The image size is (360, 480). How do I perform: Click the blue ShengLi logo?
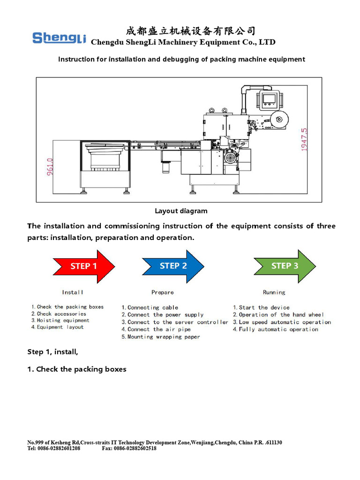(59, 37)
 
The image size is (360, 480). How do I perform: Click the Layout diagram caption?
(181, 211)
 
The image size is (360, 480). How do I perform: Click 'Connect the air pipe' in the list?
(156, 330)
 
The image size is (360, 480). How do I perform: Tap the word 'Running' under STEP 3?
(274, 292)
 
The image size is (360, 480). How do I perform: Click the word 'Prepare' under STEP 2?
(163, 292)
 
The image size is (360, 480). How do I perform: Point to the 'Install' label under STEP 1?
(73, 292)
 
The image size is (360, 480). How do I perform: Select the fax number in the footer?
(129, 449)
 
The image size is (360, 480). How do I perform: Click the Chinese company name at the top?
(191, 31)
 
